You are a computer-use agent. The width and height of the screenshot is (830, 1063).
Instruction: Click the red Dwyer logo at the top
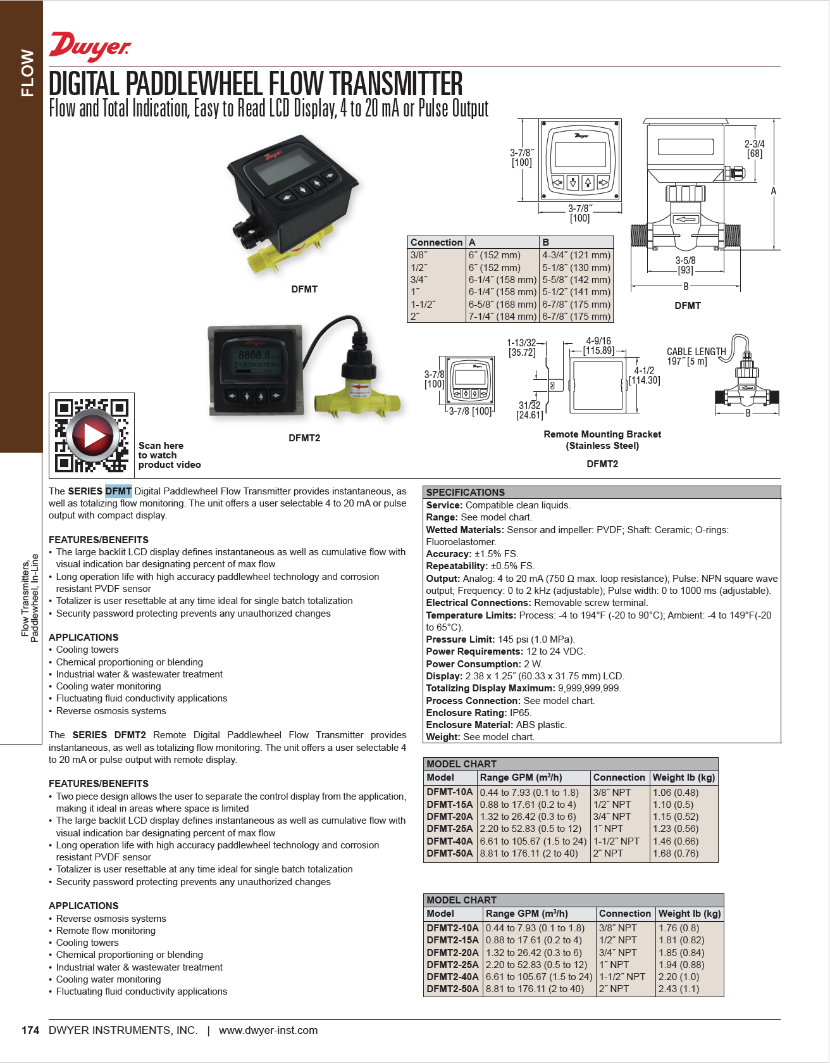90,46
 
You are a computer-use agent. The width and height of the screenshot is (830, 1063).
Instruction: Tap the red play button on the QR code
92,434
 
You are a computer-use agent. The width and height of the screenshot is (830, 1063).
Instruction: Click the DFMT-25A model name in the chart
449,829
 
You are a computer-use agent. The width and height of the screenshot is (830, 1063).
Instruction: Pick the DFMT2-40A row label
452,977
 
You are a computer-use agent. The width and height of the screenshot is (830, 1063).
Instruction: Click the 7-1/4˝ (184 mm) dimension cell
502,317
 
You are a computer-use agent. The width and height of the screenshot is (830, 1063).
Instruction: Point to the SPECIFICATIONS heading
465,493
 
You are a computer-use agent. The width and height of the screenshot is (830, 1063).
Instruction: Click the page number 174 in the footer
30,1031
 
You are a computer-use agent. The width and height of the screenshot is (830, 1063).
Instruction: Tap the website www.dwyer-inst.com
268,1031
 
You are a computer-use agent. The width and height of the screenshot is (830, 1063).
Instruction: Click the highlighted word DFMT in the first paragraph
118,491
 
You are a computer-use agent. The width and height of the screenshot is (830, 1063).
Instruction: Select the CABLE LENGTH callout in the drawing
696,356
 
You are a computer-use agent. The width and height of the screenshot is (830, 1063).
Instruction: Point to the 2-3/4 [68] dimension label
754,149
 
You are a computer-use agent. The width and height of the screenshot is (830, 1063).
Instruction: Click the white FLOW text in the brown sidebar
27,73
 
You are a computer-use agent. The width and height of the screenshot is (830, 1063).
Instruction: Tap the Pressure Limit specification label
460,639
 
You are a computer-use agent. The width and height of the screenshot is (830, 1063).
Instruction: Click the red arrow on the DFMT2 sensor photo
361,387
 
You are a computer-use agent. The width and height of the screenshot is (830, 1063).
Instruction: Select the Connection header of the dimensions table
436,242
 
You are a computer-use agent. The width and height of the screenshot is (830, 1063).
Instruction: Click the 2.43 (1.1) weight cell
679,989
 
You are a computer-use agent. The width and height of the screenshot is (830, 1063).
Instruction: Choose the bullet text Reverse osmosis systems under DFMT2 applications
111,919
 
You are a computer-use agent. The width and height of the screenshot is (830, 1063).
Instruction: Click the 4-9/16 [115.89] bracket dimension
598,346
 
